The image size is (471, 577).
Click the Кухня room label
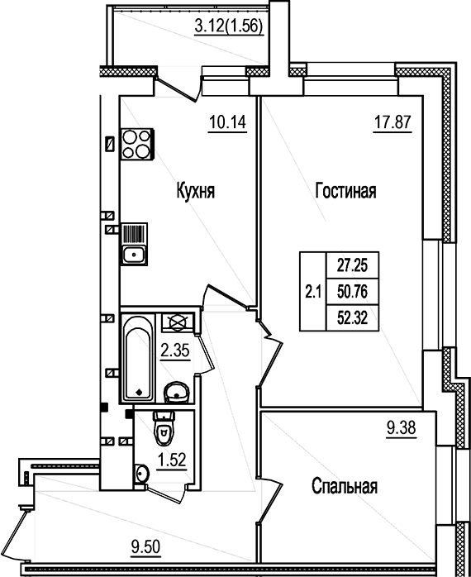pos(195,192)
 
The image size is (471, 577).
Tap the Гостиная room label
pos(345,192)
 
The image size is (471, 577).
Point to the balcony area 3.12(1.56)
pos(228,26)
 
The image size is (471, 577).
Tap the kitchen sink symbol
pos(133,254)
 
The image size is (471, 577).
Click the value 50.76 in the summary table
pos(351,291)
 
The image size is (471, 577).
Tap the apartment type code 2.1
pos(313,291)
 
